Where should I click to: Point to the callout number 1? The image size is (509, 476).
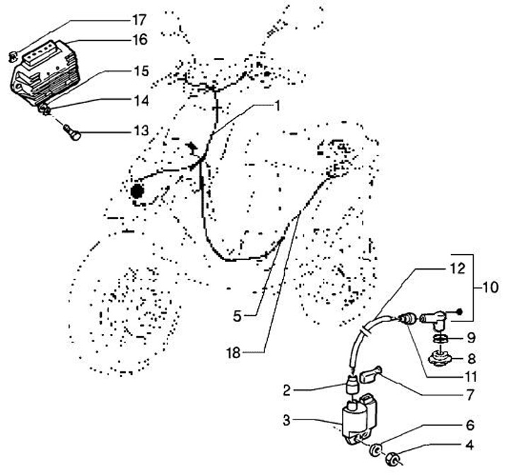(278, 106)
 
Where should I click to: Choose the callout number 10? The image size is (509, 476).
(490, 287)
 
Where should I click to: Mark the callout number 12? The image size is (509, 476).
(438, 269)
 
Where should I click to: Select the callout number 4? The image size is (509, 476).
(470, 446)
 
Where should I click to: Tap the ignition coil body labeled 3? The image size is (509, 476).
(355, 422)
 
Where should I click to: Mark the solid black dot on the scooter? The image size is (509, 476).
(136, 190)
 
